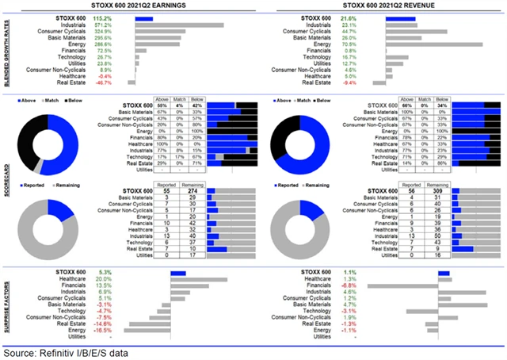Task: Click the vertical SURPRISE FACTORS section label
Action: tap(6, 304)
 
